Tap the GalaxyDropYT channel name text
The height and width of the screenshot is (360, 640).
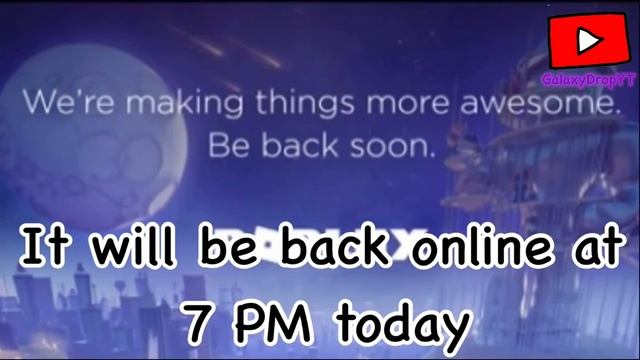click(585, 78)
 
